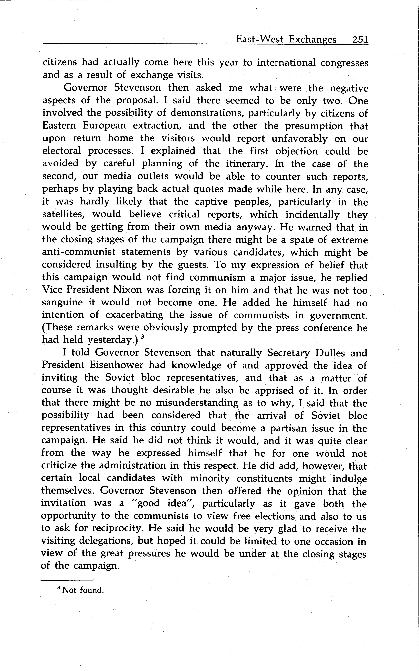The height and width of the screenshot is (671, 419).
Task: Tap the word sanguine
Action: click(x=62, y=303)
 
